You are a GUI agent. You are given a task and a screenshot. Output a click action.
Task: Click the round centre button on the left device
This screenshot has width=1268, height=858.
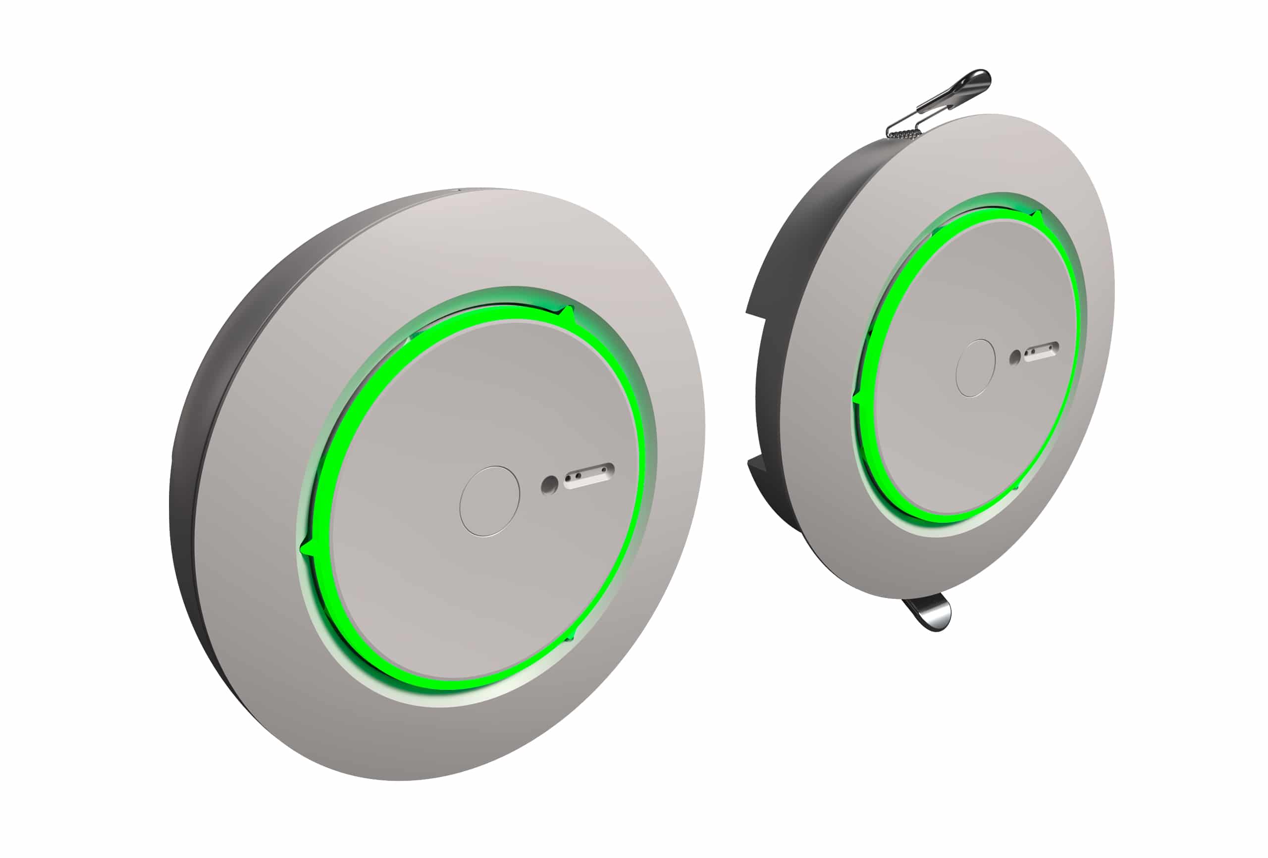point(489,501)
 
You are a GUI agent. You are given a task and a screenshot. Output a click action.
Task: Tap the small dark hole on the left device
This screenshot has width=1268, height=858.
point(549,484)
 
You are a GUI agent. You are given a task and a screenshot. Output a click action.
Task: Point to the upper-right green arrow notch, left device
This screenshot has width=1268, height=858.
point(568,314)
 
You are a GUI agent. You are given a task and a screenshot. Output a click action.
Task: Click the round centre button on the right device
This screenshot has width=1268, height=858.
point(976,368)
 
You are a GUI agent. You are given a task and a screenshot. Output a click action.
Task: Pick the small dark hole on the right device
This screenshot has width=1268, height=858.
point(1015,357)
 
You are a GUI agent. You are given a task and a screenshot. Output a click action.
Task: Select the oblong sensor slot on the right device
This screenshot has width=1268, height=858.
point(1042,352)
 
